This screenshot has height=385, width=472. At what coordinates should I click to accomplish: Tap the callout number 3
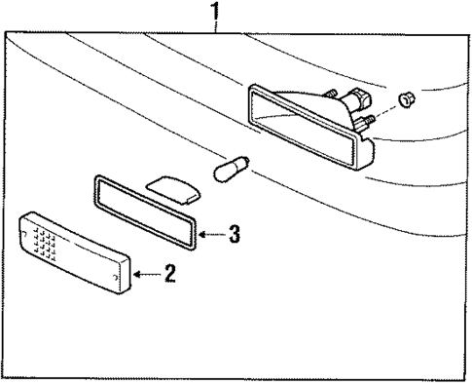(234, 234)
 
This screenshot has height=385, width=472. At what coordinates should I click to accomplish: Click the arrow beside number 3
(209, 234)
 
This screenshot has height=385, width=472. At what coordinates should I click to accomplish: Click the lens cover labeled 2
(78, 258)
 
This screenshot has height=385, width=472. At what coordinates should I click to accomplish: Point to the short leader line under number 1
(217, 26)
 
